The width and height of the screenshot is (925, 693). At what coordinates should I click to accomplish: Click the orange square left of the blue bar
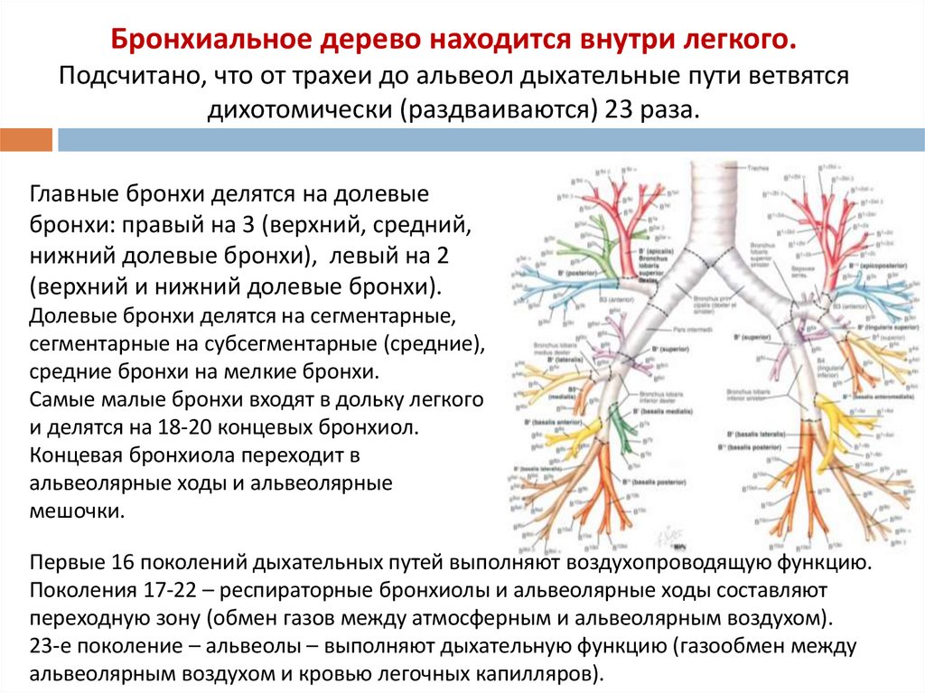26,140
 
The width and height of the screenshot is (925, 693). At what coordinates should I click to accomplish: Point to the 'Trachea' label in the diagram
757,168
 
